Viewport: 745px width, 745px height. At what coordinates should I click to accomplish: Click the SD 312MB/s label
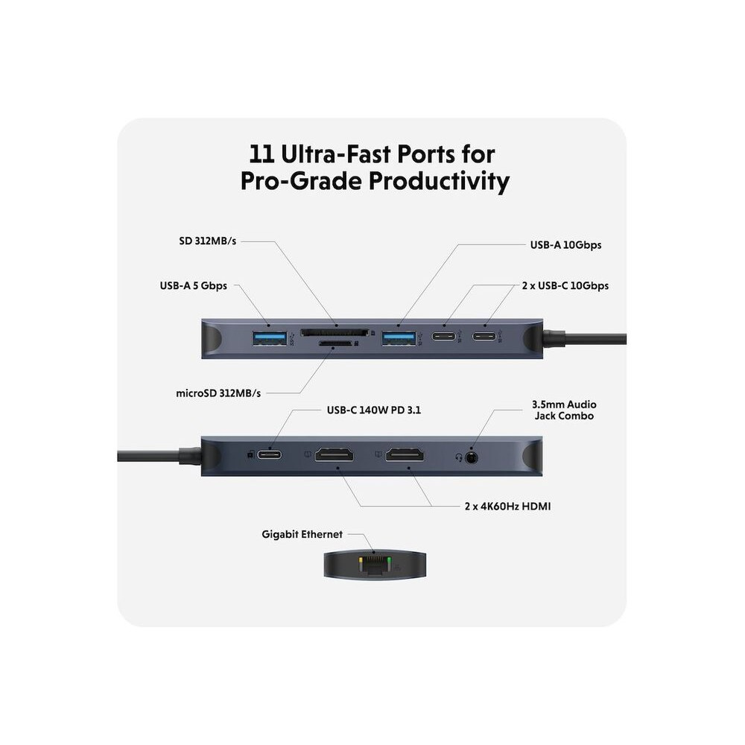208,241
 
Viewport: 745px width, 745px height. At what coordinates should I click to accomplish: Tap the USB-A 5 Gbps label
194,285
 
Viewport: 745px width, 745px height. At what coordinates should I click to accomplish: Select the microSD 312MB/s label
218,393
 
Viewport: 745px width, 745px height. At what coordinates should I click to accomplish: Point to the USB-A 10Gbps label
566,244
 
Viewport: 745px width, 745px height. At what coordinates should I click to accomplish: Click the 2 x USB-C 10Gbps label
565,285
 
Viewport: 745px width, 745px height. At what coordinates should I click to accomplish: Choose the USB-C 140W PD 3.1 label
374,410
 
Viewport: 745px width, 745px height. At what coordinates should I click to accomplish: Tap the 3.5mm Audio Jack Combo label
564,410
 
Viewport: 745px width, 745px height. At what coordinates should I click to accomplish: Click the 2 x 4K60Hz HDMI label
508,506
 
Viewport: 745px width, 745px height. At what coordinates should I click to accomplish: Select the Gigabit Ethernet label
302,534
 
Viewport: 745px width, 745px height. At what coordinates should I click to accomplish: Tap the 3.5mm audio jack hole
471,457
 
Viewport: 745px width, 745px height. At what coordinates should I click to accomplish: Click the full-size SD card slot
335,332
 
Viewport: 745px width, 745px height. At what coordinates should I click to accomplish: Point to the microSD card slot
335,343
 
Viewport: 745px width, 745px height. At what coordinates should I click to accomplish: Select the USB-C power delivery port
270,454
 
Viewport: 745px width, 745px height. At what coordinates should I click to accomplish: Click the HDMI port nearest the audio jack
405,454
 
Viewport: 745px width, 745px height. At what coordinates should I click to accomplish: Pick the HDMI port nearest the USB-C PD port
335,454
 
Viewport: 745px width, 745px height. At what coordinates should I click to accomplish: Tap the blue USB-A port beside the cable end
399,337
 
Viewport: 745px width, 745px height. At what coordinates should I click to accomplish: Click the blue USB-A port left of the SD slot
270,337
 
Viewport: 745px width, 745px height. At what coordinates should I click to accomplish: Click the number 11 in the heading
261,154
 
